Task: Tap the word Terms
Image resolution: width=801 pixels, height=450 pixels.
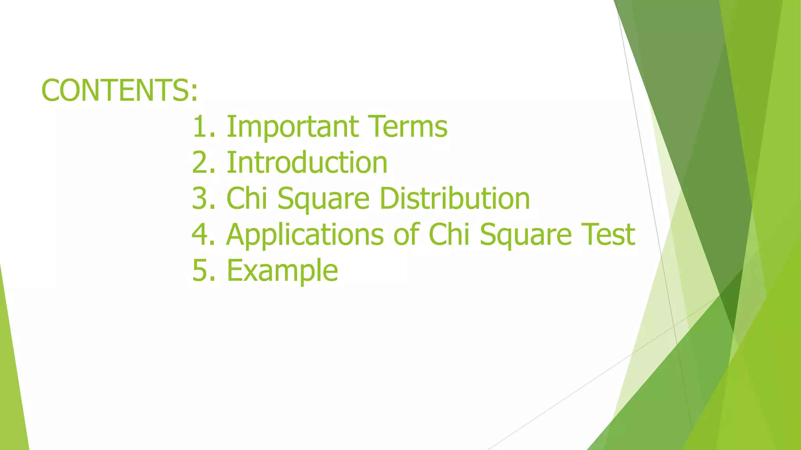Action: pyautogui.click(x=408, y=127)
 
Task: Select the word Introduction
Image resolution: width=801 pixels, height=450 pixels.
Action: pyautogui.click(x=307, y=162)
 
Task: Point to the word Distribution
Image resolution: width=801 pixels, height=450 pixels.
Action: pyautogui.click(x=454, y=198)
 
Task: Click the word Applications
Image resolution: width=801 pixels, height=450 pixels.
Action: pyautogui.click(x=305, y=234)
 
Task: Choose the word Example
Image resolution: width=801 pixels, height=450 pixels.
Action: pyautogui.click(x=282, y=270)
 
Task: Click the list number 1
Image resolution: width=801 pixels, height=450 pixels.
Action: pyautogui.click(x=200, y=127)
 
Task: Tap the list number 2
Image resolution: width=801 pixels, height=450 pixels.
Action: pyautogui.click(x=200, y=162)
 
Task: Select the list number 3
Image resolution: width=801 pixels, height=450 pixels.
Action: pyautogui.click(x=200, y=198)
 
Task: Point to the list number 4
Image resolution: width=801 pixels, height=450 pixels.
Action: pyautogui.click(x=200, y=234)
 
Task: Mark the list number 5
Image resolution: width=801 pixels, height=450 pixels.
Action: pyautogui.click(x=200, y=270)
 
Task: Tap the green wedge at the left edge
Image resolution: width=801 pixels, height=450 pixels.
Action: pyautogui.click(x=12, y=391)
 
